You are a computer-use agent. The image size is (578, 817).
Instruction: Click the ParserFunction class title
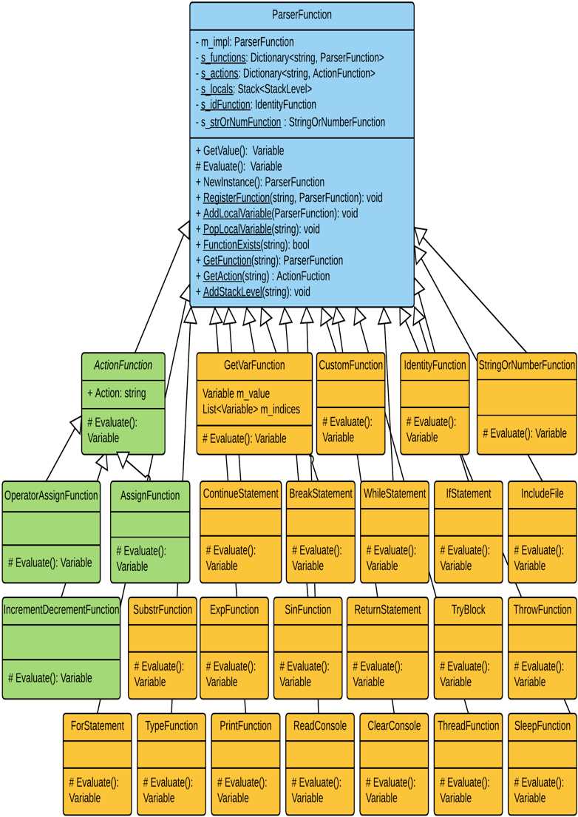pos(302,14)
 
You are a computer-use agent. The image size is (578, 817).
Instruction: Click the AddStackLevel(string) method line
pos(252,292)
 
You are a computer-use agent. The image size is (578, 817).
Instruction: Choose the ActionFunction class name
pos(123,365)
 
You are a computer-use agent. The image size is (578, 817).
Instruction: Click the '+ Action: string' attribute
pos(117,393)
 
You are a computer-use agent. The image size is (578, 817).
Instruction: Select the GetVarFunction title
pos(254,365)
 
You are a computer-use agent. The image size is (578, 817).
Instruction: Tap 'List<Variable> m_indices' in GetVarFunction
pos(251,409)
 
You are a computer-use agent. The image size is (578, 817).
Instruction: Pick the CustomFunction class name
pos(350,365)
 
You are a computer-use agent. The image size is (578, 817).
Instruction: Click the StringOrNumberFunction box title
pos(526,365)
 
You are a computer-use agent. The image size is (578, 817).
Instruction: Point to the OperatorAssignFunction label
pos(51,495)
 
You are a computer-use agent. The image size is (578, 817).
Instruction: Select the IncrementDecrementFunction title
pos(61,610)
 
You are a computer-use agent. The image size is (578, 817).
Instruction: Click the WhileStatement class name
pos(394,493)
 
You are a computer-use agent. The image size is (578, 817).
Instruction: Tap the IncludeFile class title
pos(542,493)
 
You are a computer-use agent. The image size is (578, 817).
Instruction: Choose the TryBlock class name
pos(468,610)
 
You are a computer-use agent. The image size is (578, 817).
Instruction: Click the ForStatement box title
pos(97,725)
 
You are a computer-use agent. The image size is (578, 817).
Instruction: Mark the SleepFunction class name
pos(542,725)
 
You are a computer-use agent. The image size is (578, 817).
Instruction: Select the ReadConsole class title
pos(319,725)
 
